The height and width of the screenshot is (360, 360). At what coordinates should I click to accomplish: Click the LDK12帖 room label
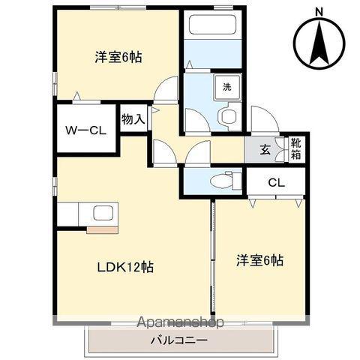[x=124, y=267]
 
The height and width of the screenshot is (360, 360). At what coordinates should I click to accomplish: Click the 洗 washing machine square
[x=226, y=86]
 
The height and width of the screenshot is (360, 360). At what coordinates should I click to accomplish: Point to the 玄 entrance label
[x=265, y=148]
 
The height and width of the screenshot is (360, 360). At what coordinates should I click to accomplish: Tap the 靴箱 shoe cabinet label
[x=296, y=148]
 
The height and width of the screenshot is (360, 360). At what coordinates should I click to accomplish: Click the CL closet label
[x=276, y=181]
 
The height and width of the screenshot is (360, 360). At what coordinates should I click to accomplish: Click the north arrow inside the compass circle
[x=319, y=41]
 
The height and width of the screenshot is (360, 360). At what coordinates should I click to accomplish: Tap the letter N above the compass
[x=319, y=10]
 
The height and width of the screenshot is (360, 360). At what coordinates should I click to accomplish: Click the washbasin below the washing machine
[x=227, y=115]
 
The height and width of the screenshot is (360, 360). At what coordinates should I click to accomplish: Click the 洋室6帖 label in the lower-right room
[x=259, y=260]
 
